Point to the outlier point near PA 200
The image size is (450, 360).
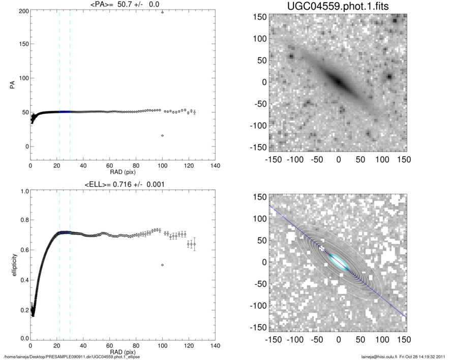coord(162,12)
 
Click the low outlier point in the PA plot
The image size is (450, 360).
coord(162,135)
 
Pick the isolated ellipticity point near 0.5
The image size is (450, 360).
coord(162,265)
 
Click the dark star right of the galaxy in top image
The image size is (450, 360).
coord(389,77)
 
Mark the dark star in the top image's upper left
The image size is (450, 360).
coord(292,56)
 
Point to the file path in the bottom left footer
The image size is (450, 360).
coord(71,357)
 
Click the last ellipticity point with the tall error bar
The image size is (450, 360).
coord(194,244)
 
